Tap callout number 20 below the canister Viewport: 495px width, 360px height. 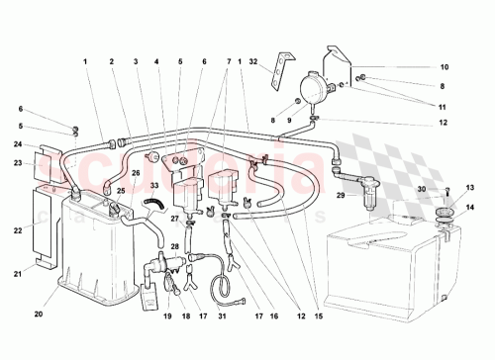click(39, 315)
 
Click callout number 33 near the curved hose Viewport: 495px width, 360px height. click(153, 185)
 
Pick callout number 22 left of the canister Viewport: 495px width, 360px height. click(17, 230)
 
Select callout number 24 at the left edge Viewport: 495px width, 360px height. click(17, 144)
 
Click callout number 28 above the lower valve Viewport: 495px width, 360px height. click(174, 245)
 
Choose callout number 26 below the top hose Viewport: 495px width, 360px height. click(136, 172)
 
